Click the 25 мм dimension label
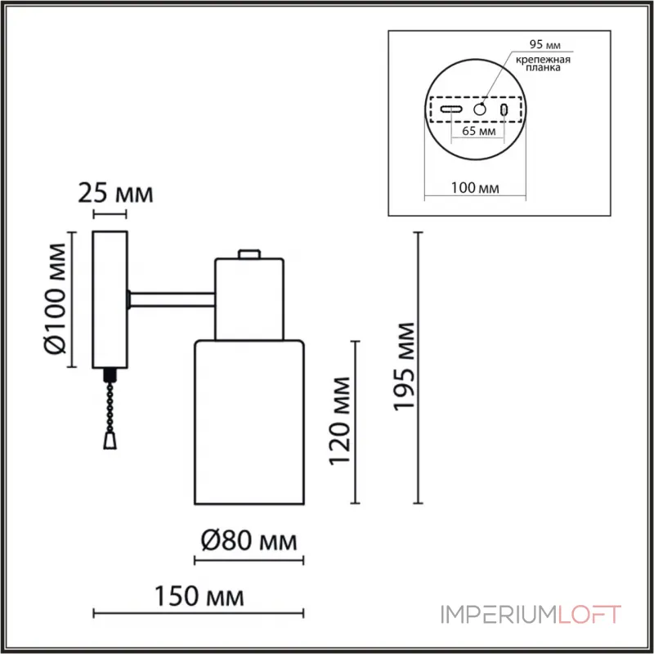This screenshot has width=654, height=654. click(114, 194)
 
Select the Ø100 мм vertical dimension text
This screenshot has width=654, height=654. click(55, 299)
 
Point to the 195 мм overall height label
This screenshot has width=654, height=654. click(404, 366)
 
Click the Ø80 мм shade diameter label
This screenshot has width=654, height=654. click(247, 540)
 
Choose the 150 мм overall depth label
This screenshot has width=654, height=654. click(200, 596)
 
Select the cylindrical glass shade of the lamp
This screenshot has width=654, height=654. click(249, 421)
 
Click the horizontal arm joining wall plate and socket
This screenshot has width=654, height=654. click(172, 300)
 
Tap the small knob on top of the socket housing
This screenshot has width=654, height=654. click(249, 253)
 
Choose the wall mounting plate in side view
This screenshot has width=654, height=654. click(110, 299)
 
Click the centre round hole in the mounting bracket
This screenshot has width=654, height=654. click(481, 109)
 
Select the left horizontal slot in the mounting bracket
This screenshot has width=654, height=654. click(450, 109)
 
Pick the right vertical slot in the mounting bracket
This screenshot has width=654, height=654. click(505, 109)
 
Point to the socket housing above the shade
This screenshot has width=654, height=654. click(249, 298)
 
